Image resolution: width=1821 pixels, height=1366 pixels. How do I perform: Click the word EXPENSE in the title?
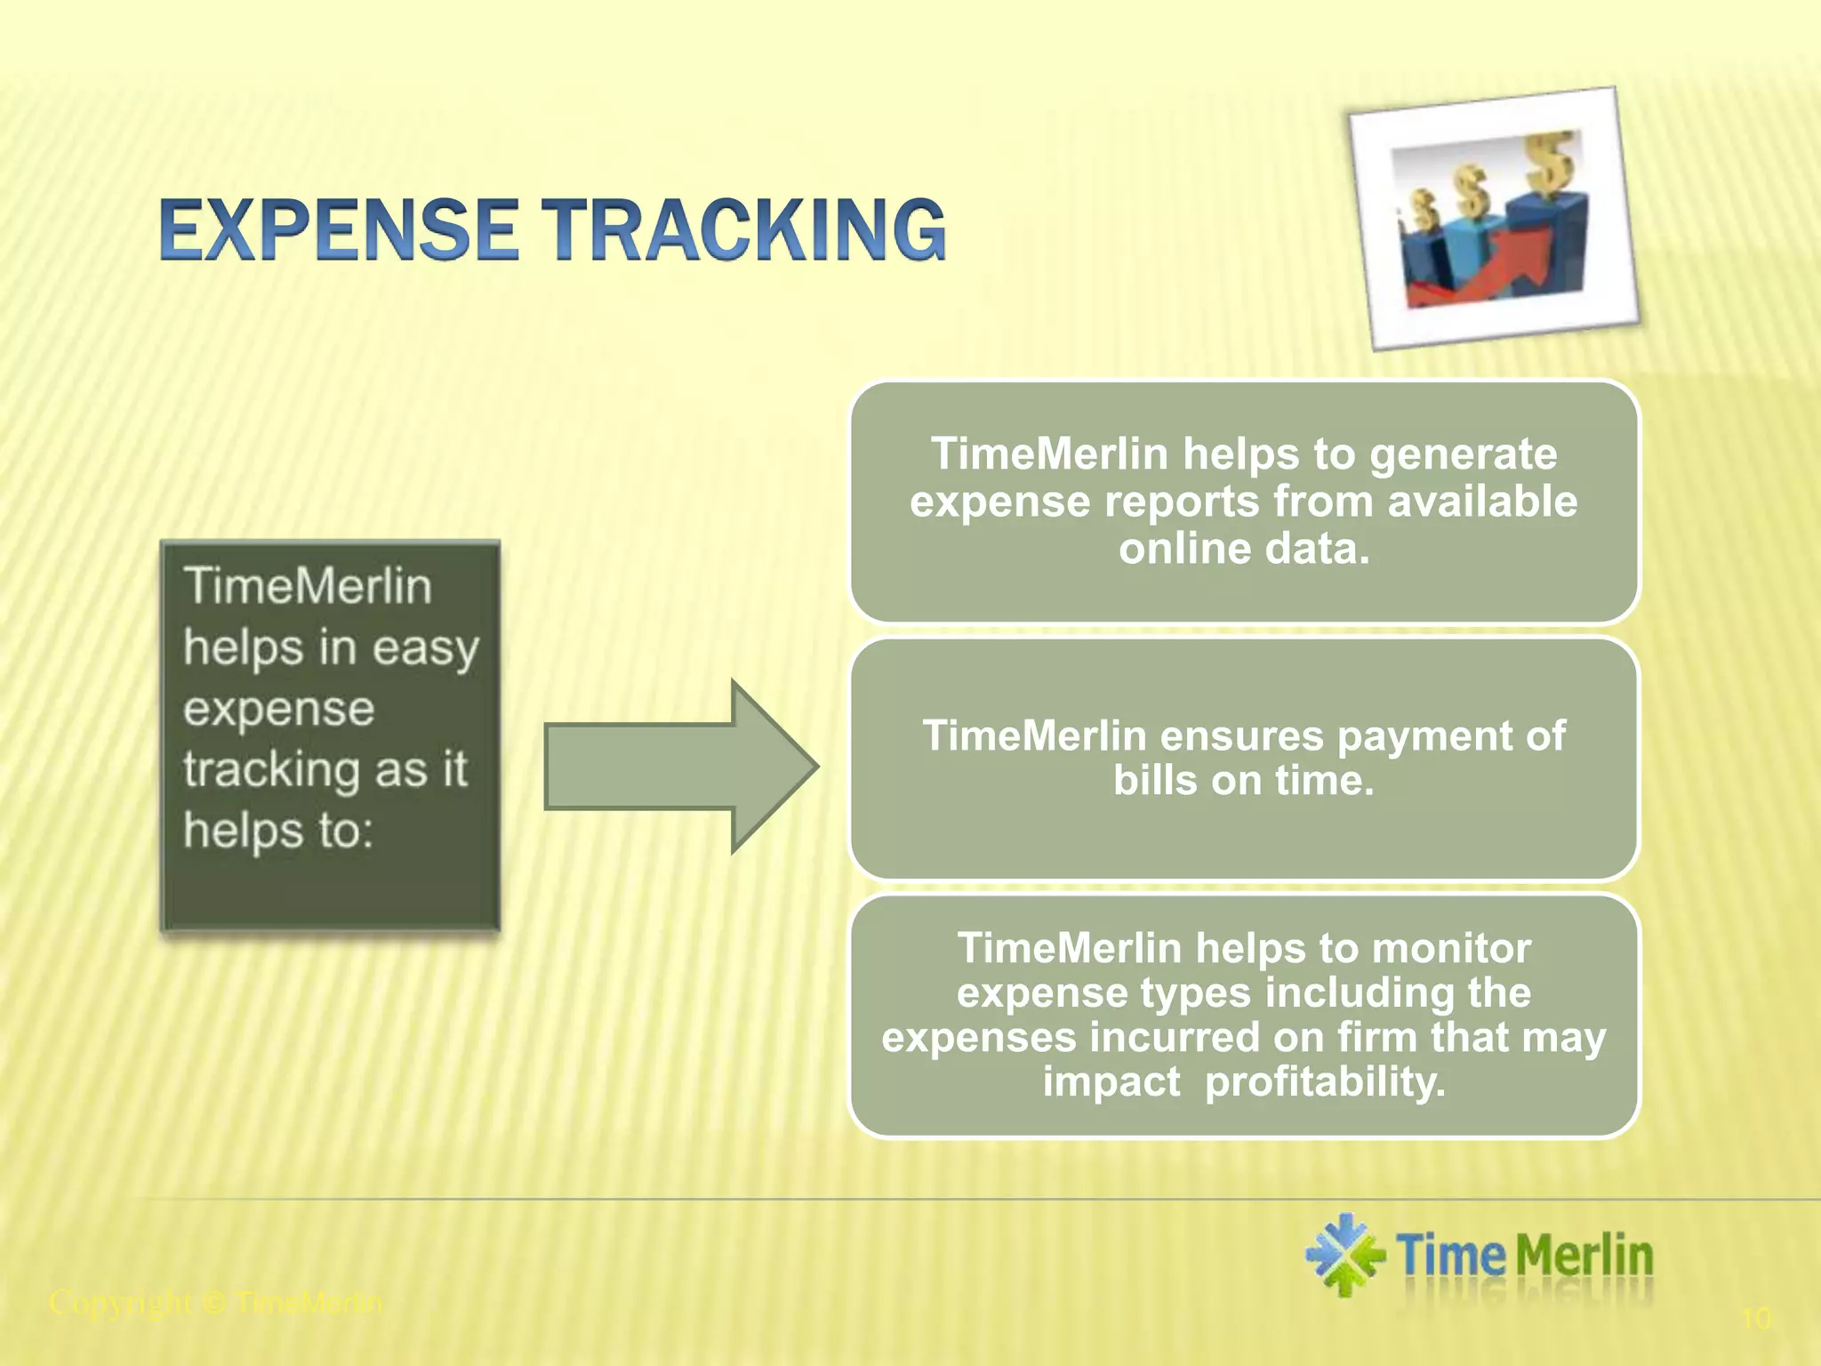[339, 230]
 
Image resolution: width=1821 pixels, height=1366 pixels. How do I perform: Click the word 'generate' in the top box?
[1463, 454]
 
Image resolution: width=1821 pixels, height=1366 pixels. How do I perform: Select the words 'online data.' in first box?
[1244, 549]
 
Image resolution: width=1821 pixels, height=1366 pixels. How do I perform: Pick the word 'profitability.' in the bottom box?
[1325, 1082]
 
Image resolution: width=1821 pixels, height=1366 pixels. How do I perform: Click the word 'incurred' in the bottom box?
[1175, 1038]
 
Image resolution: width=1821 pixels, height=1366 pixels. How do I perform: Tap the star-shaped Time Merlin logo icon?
[1344, 1255]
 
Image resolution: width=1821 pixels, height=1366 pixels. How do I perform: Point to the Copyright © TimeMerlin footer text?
[216, 1303]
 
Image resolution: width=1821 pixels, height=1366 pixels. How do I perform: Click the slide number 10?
[1756, 1318]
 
